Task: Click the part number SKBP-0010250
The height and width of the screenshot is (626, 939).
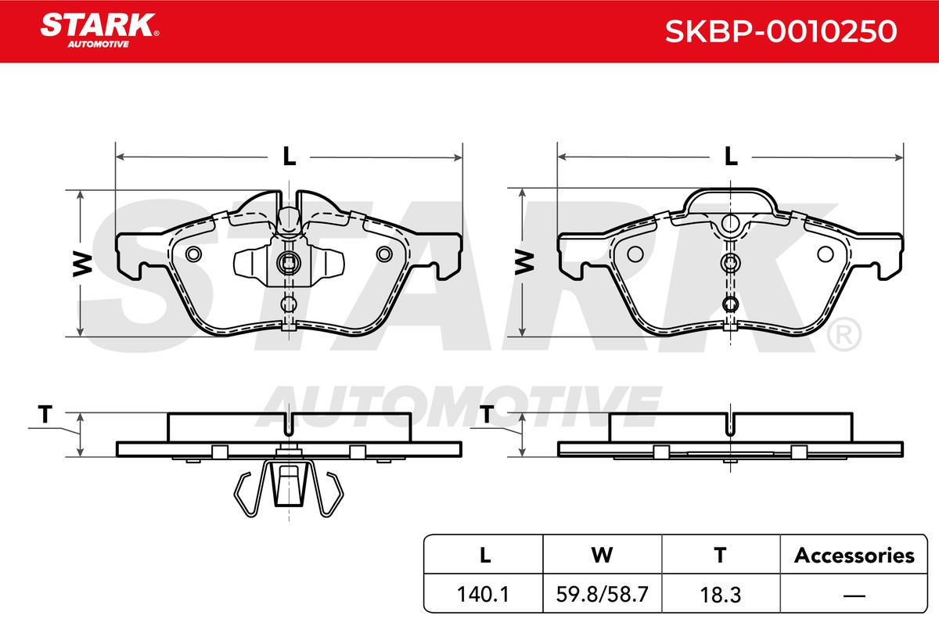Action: click(781, 31)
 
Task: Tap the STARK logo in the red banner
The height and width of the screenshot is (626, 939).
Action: click(99, 31)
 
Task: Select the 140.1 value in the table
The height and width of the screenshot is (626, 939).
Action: click(483, 594)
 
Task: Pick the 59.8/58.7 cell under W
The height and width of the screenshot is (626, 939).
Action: click(602, 594)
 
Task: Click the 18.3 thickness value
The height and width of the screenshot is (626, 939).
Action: click(721, 595)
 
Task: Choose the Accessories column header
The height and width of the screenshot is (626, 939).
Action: click(854, 555)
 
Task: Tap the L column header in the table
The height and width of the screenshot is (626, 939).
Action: click(485, 555)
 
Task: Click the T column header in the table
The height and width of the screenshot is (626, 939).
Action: click(720, 555)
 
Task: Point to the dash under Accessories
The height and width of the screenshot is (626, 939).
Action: click(854, 595)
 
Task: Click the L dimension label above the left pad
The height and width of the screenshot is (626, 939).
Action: click(290, 156)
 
